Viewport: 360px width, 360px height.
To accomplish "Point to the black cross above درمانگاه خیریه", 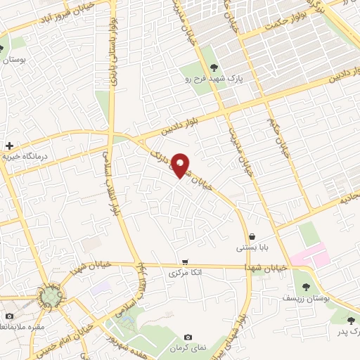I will [8, 145].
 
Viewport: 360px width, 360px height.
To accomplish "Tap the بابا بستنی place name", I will [250, 248].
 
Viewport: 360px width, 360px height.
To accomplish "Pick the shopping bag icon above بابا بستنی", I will [251, 237].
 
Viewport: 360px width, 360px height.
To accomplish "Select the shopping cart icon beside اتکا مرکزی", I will [185, 262].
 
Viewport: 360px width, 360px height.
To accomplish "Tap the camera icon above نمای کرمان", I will [187, 338].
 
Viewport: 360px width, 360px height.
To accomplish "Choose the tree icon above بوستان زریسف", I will [306, 286].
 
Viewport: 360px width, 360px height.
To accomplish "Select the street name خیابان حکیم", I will [277, 132].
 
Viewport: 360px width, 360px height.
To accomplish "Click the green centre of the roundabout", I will [50, 298].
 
